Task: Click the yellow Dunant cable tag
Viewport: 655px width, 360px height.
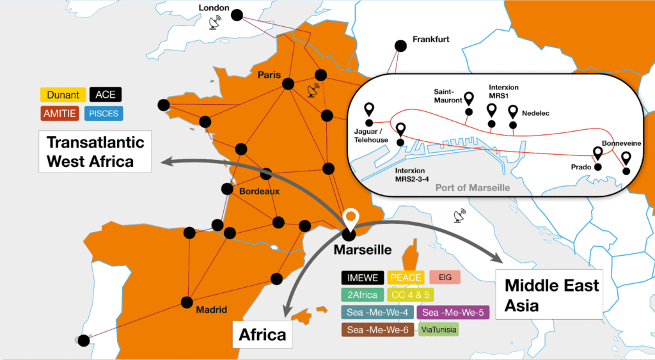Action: click(x=63, y=95)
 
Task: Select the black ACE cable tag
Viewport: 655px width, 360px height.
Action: click(x=106, y=95)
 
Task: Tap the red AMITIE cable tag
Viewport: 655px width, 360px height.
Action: click(x=63, y=114)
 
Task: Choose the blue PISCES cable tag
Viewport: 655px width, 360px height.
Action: click(x=106, y=114)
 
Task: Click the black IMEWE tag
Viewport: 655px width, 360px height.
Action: click(x=363, y=277)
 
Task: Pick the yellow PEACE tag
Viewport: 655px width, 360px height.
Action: click(x=406, y=277)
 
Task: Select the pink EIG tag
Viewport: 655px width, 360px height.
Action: click(x=445, y=277)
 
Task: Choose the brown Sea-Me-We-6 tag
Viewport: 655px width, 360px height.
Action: click(x=377, y=331)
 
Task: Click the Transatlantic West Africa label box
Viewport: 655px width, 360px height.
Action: click(x=95, y=152)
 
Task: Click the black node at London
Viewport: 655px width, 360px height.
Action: click(x=237, y=15)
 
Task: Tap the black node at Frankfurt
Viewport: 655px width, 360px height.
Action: click(x=400, y=45)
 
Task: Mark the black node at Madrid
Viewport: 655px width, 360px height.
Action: click(x=187, y=302)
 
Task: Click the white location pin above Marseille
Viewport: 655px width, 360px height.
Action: click(x=350, y=219)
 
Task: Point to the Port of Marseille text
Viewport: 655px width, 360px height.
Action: click(x=472, y=187)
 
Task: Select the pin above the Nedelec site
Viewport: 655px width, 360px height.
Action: click(x=513, y=113)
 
